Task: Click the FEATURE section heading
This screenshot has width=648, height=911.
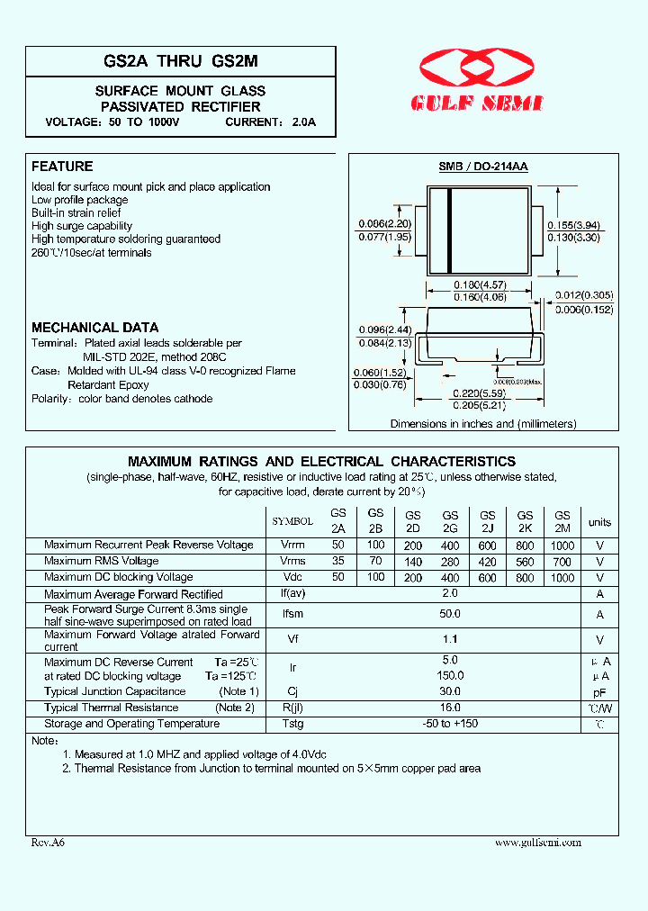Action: pyautogui.click(x=62, y=167)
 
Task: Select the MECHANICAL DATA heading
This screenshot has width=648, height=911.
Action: pyautogui.click(x=94, y=328)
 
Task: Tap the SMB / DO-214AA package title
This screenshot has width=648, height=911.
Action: pyautogui.click(x=483, y=167)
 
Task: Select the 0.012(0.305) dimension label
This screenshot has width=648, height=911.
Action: pyautogui.click(x=584, y=295)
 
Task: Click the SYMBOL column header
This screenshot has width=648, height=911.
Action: pyautogui.click(x=292, y=521)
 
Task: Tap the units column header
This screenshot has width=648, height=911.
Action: pyautogui.click(x=599, y=522)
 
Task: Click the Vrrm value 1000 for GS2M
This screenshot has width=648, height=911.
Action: pyautogui.click(x=562, y=545)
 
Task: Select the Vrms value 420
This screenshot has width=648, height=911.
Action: pyautogui.click(x=488, y=561)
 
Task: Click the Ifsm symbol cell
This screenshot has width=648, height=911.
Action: pyautogui.click(x=292, y=615)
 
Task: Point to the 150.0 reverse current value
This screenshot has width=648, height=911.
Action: pyautogui.click(x=450, y=676)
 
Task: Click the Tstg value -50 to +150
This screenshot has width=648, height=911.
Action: pyautogui.click(x=450, y=724)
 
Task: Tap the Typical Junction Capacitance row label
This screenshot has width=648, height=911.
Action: pyautogui.click(x=115, y=691)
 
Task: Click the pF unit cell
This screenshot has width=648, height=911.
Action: pyautogui.click(x=599, y=692)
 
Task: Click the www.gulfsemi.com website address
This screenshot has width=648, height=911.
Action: pyautogui.click(x=538, y=843)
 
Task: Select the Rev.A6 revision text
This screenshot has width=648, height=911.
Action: pyautogui.click(x=48, y=843)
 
